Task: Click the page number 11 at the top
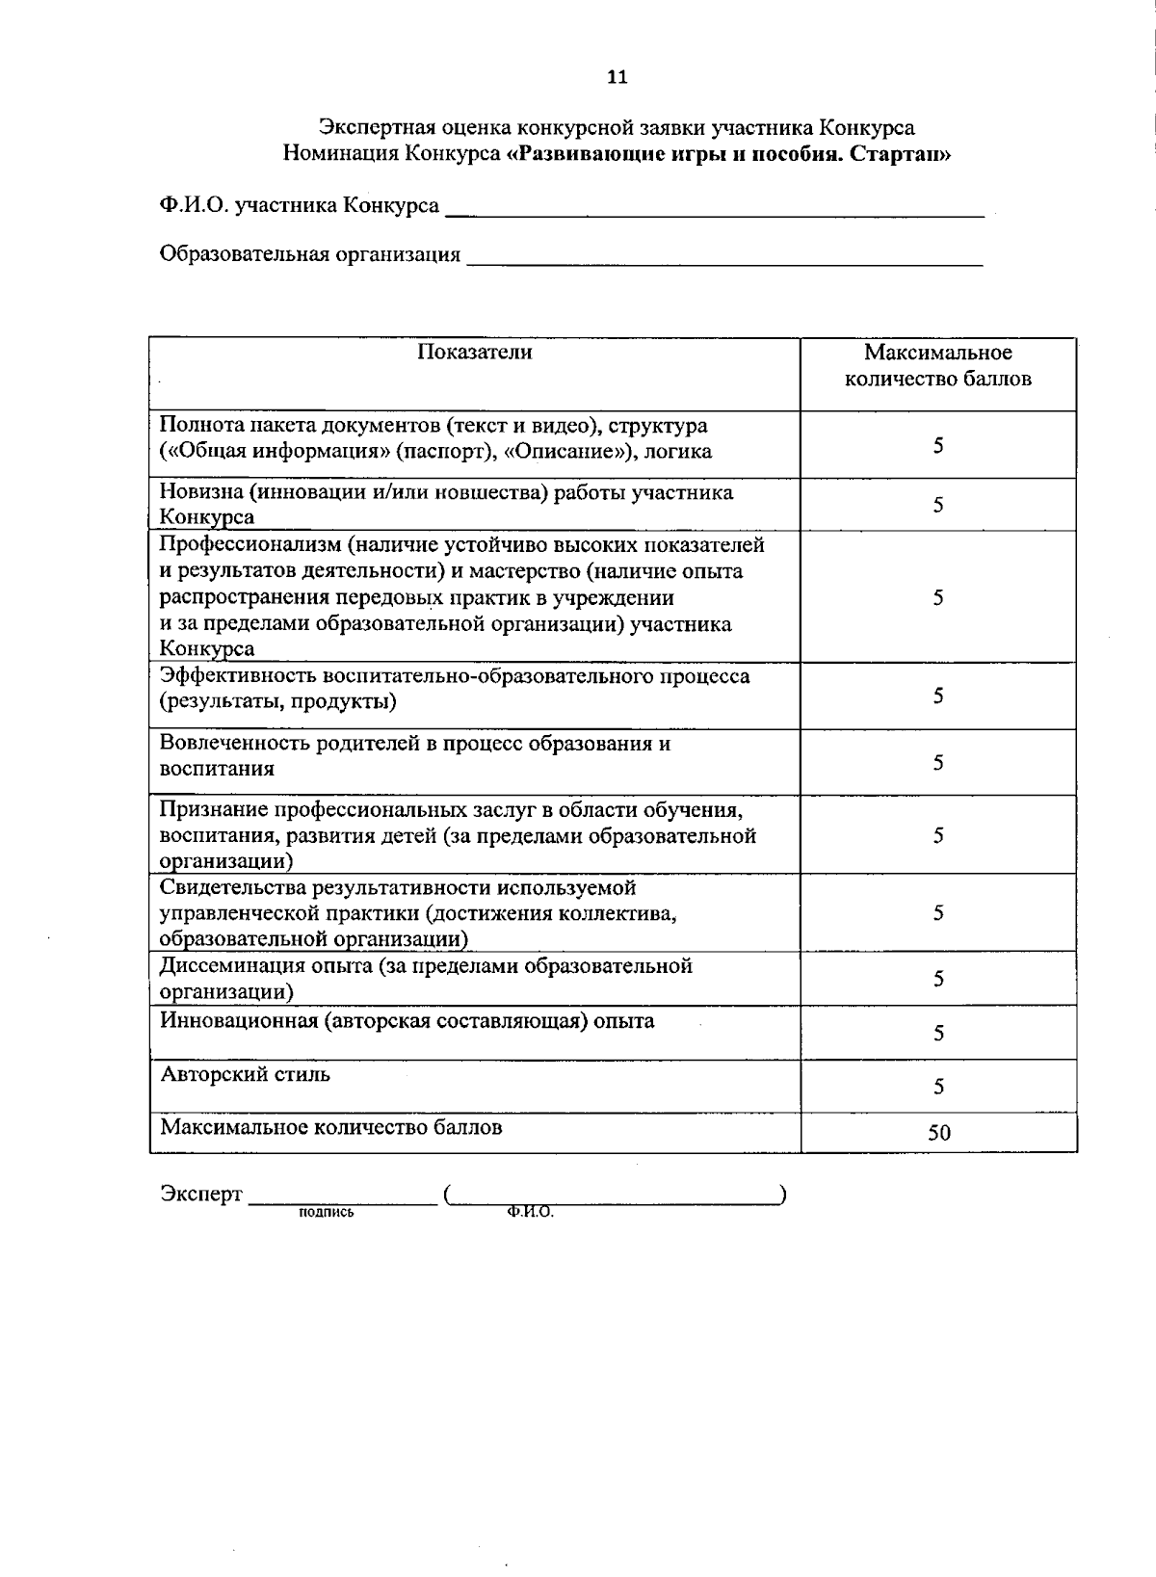click(x=617, y=78)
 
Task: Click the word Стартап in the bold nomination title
click(x=901, y=153)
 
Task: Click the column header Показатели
click(x=474, y=352)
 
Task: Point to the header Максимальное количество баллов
click(x=937, y=365)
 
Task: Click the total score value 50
click(x=938, y=1133)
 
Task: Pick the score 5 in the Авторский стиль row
click(x=938, y=1087)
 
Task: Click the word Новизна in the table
click(x=199, y=492)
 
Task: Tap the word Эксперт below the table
click(x=200, y=1194)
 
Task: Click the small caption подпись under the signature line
click(x=326, y=1213)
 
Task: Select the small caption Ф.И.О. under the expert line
click(x=529, y=1213)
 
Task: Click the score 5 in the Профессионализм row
click(x=938, y=597)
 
